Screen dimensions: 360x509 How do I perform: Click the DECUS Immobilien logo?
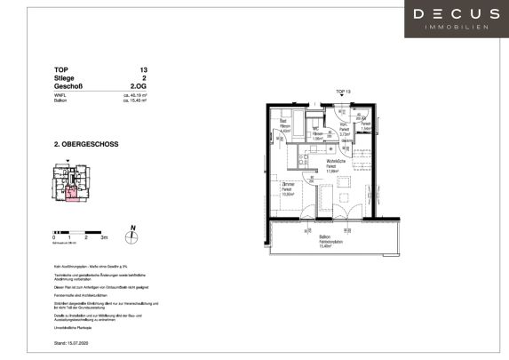(457, 19)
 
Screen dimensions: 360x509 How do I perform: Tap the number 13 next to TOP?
(143, 68)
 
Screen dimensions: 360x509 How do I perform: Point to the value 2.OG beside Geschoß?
(139, 87)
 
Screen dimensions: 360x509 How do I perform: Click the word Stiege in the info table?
(67, 78)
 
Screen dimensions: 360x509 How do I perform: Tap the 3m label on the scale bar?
(104, 239)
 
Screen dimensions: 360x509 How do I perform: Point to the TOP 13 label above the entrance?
(343, 92)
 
